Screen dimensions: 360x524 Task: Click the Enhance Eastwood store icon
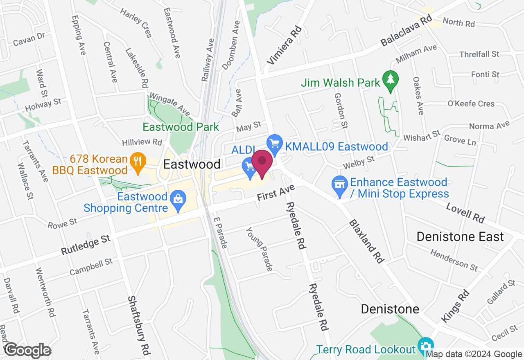pyautogui.click(x=339, y=184)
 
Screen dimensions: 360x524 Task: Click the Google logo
pyautogui.click(x=27, y=351)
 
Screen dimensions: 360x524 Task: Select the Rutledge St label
pyautogui.click(x=86, y=245)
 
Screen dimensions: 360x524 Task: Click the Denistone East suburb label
pyautogui.click(x=460, y=236)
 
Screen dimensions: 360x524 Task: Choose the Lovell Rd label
pyautogui.click(x=465, y=213)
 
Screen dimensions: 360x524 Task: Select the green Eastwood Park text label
pyautogui.click(x=181, y=127)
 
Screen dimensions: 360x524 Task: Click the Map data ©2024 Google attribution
pyautogui.click(x=473, y=354)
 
